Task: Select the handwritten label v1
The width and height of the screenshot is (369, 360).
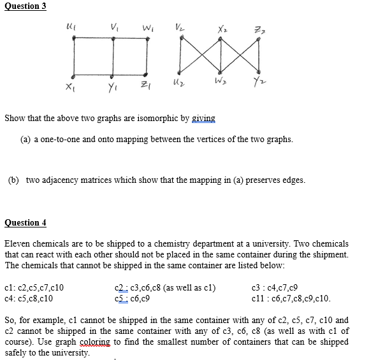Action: point(113,27)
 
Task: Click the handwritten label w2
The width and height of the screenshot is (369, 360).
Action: point(222,85)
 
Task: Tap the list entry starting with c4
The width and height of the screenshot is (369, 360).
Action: point(34,298)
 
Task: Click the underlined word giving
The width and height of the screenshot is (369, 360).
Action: point(202,119)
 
